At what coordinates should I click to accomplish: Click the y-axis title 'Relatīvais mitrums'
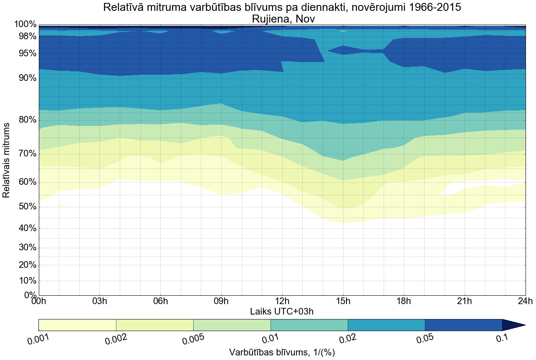coord(7,160)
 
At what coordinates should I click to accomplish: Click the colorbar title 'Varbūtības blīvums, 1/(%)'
coord(282,352)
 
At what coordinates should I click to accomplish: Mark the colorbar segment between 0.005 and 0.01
coord(232,325)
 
